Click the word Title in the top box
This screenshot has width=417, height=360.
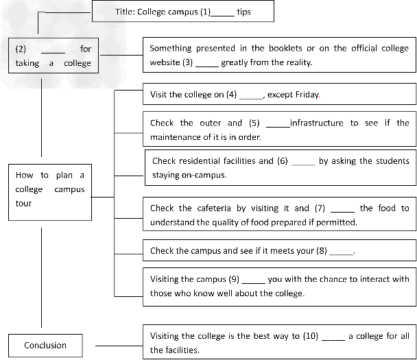pyautogui.click(x=124, y=12)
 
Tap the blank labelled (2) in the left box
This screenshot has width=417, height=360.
pyautogui.click(x=53, y=51)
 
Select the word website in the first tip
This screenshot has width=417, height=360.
pyautogui.click(x=165, y=62)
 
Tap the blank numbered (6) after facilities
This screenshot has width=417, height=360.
pyautogui.click(x=303, y=163)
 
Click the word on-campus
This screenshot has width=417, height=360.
pyautogui.click(x=204, y=175)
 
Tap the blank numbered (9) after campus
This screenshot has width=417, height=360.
pyautogui.click(x=253, y=280)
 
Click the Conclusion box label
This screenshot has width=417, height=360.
pyautogui.click(x=45, y=345)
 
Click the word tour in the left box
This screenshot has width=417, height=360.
pyautogui.click(x=23, y=203)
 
